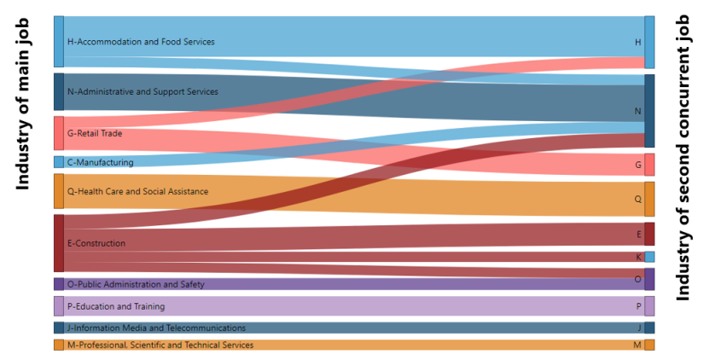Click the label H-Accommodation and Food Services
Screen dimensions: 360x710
pyautogui.click(x=140, y=42)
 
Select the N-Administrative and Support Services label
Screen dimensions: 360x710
pyautogui.click(x=142, y=91)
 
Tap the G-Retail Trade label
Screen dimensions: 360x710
pyautogui.click(x=94, y=133)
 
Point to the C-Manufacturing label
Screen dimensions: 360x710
pyautogui.click(x=100, y=162)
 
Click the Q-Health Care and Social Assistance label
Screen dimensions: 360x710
pyautogui.click(x=137, y=192)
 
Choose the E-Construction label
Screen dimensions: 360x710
pyautogui.click(x=96, y=244)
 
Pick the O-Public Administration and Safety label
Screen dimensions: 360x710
pyautogui.click(x=135, y=284)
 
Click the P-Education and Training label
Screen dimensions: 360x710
pyautogui.click(x=115, y=306)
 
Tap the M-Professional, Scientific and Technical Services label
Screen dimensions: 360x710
pyautogui.click(x=160, y=345)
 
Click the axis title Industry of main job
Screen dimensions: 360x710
pyautogui.click(x=23, y=102)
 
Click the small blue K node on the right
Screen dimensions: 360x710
pyautogui.click(x=649, y=257)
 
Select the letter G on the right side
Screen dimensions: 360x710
pyautogui.click(x=637, y=165)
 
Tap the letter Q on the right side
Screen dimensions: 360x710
pyautogui.click(x=637, y=199)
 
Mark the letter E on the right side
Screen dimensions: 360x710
pyautogui.click(x=638, y=234)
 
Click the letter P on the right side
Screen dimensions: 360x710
pyautogui.click(x=638, y=306)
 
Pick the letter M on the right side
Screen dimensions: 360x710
pyautogui.click(x=637, y=345)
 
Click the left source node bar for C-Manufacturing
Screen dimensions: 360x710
pyautogui.click(x=58, y=162)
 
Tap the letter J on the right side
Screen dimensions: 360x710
pyautogui.click(x=639, y=328)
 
